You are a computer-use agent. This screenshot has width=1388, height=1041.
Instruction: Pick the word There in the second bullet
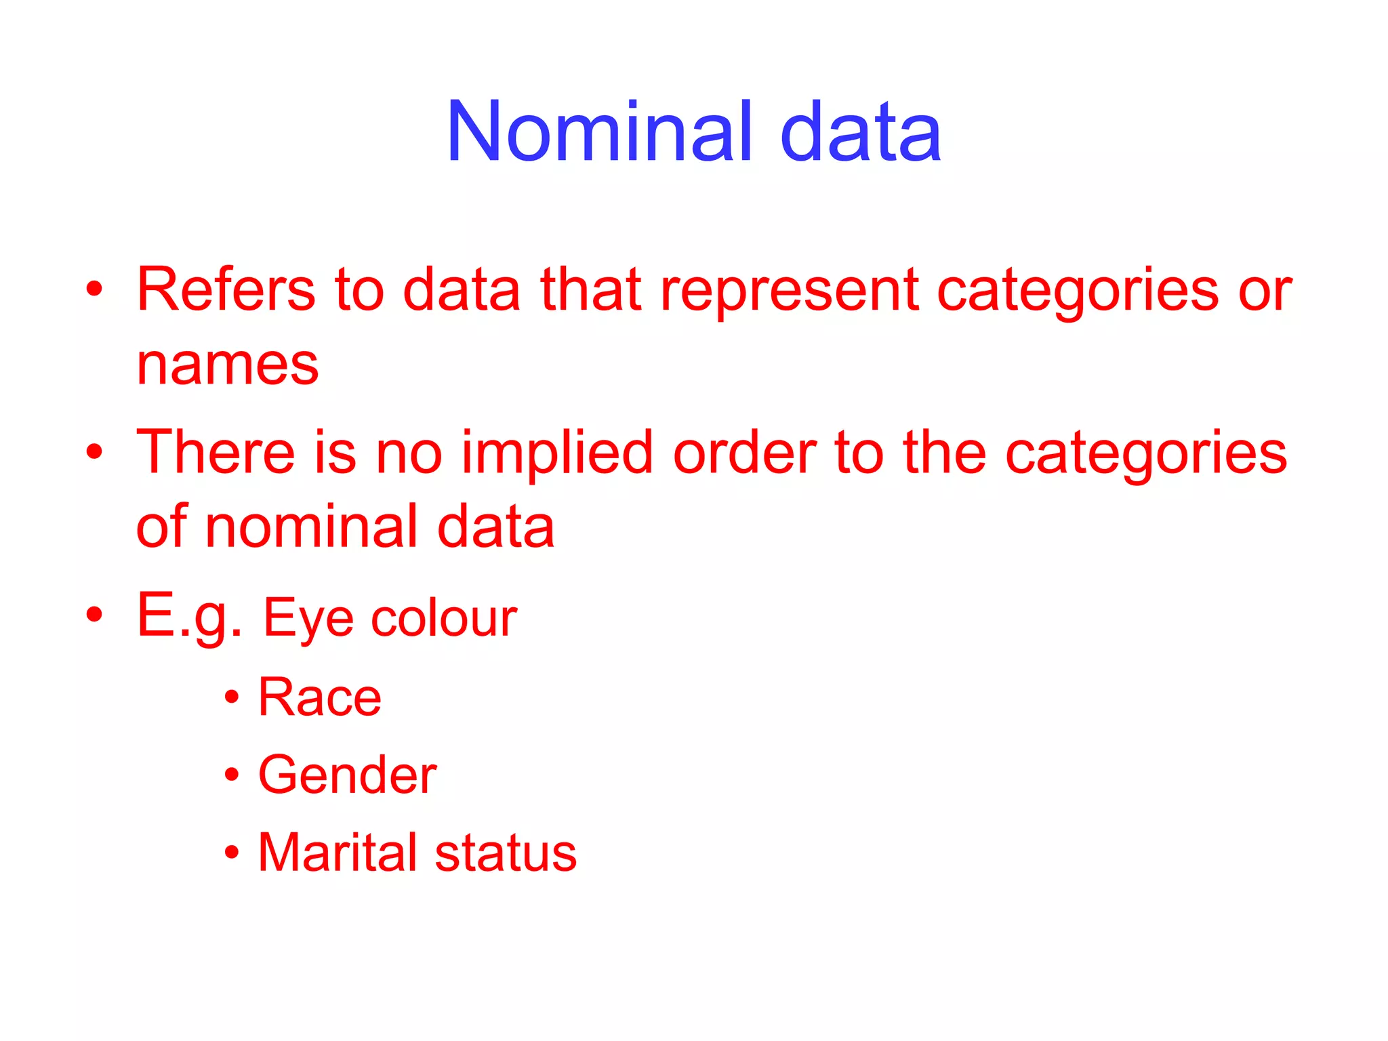tap(216, 452)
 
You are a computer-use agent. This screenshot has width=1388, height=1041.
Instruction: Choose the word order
tap(745, 452)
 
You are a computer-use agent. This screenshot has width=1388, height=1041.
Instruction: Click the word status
tap(506, 852)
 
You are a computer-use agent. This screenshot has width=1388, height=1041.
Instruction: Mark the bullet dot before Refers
tap(95, 289)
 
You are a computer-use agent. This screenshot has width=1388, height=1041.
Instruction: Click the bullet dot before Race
tap(232, 697)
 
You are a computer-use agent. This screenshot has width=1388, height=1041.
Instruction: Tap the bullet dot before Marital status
tap(232, 852)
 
